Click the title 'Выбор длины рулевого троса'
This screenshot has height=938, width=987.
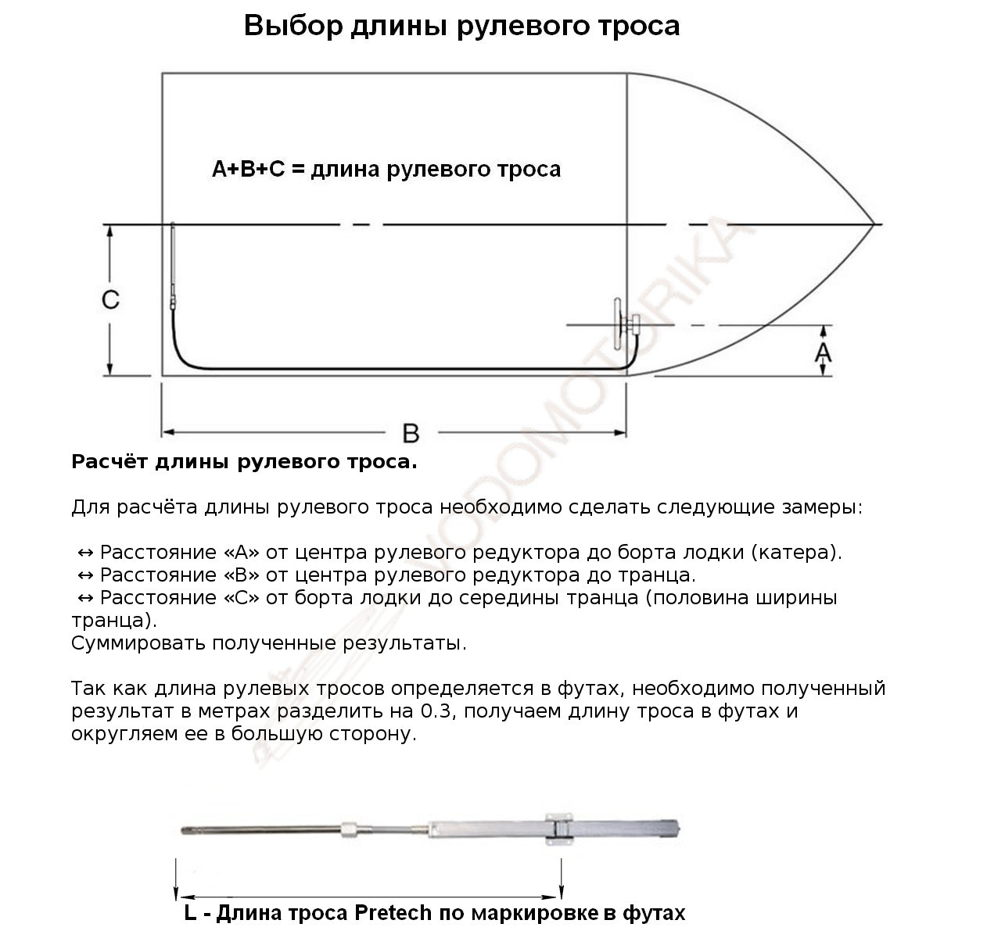(461, 26)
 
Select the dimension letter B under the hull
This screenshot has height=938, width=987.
(410, 432)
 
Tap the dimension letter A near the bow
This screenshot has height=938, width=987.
(823, 353)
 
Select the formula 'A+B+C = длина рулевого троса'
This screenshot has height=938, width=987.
(386, 170)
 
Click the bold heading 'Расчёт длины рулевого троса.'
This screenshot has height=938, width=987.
(244, 462)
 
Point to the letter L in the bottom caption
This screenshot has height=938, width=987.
(190, 913)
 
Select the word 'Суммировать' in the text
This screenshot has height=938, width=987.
(138, 644)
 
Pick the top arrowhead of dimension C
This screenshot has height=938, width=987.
(110, 231)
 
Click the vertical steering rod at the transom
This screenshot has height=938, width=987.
(172, 262)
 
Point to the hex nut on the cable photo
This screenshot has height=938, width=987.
(351, 827)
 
